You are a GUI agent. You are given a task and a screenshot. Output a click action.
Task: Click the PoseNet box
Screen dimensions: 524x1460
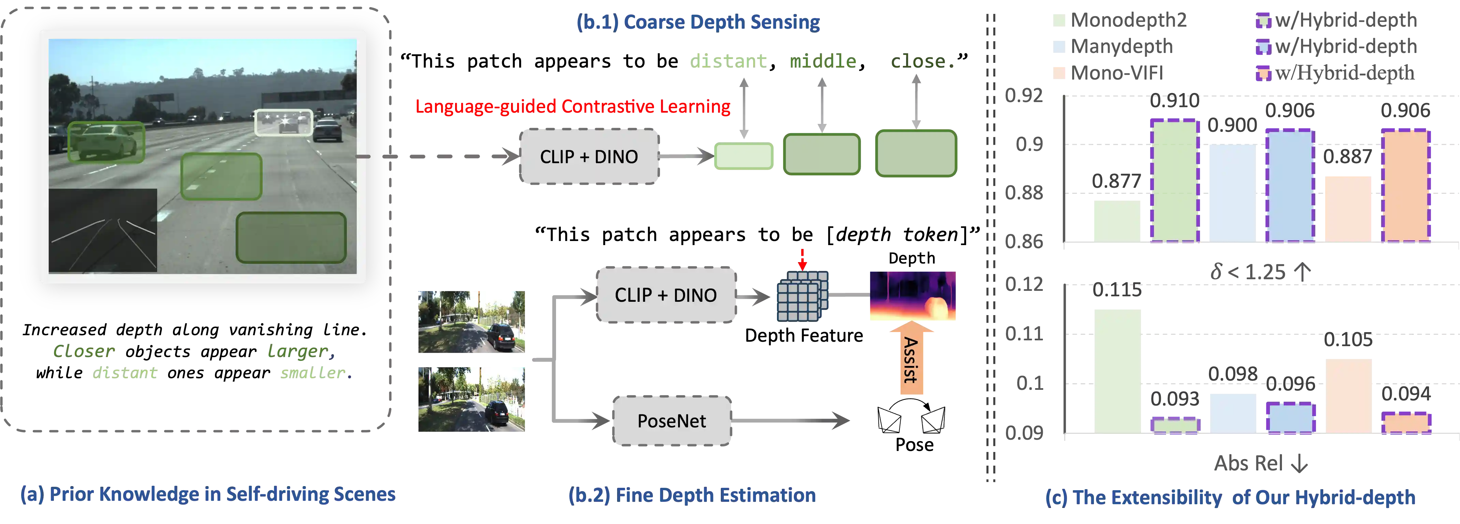point(672,421)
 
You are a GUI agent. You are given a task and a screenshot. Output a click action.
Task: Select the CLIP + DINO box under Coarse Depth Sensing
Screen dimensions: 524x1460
point(589,157)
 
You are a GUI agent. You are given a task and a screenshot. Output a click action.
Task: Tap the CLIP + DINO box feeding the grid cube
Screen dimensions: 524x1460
point(666,295)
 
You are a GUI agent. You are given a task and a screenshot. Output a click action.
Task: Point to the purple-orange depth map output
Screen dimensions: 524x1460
point(912,296)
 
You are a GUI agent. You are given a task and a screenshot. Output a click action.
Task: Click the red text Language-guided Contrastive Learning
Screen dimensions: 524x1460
point(572,107)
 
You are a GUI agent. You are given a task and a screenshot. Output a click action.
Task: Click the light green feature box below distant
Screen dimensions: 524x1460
point(743,157)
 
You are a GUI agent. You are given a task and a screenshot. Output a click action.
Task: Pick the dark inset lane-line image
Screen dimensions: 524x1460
point(103,230)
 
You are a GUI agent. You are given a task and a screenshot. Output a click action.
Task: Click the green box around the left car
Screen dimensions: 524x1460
point(106,142)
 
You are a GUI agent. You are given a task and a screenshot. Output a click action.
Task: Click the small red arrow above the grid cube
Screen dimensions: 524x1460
point(802,260)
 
